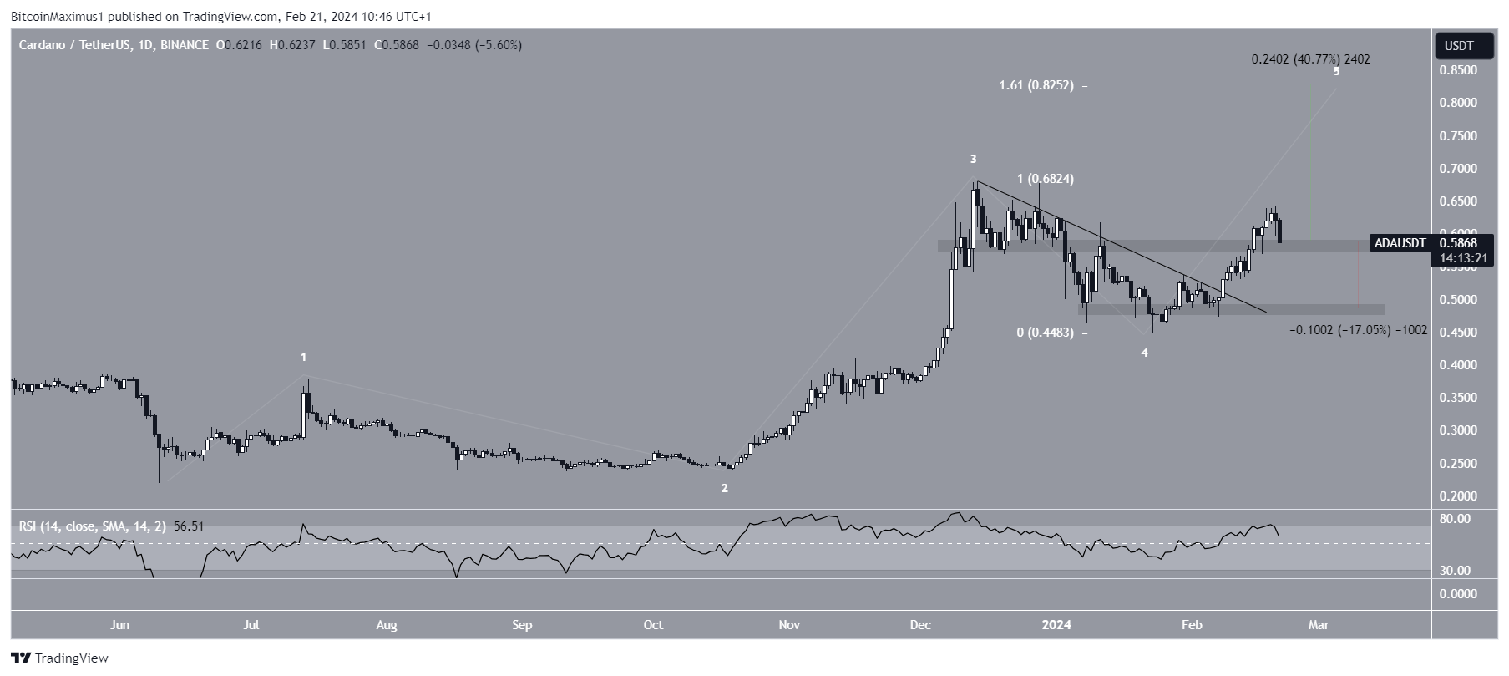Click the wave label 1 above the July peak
click(304, 358)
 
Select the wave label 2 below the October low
click(725, 489)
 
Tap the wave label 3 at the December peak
click(973, 159)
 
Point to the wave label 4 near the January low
click(1145, 353)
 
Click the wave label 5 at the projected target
click(1337, 72)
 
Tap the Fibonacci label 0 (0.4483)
click(1045, 333)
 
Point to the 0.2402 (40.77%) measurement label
click(1310, 59)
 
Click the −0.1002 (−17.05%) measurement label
click(1358, 331)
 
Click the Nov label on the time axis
click(789, 625)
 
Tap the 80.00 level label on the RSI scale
click(1456, 519)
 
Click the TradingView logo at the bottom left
click(60, 658)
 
